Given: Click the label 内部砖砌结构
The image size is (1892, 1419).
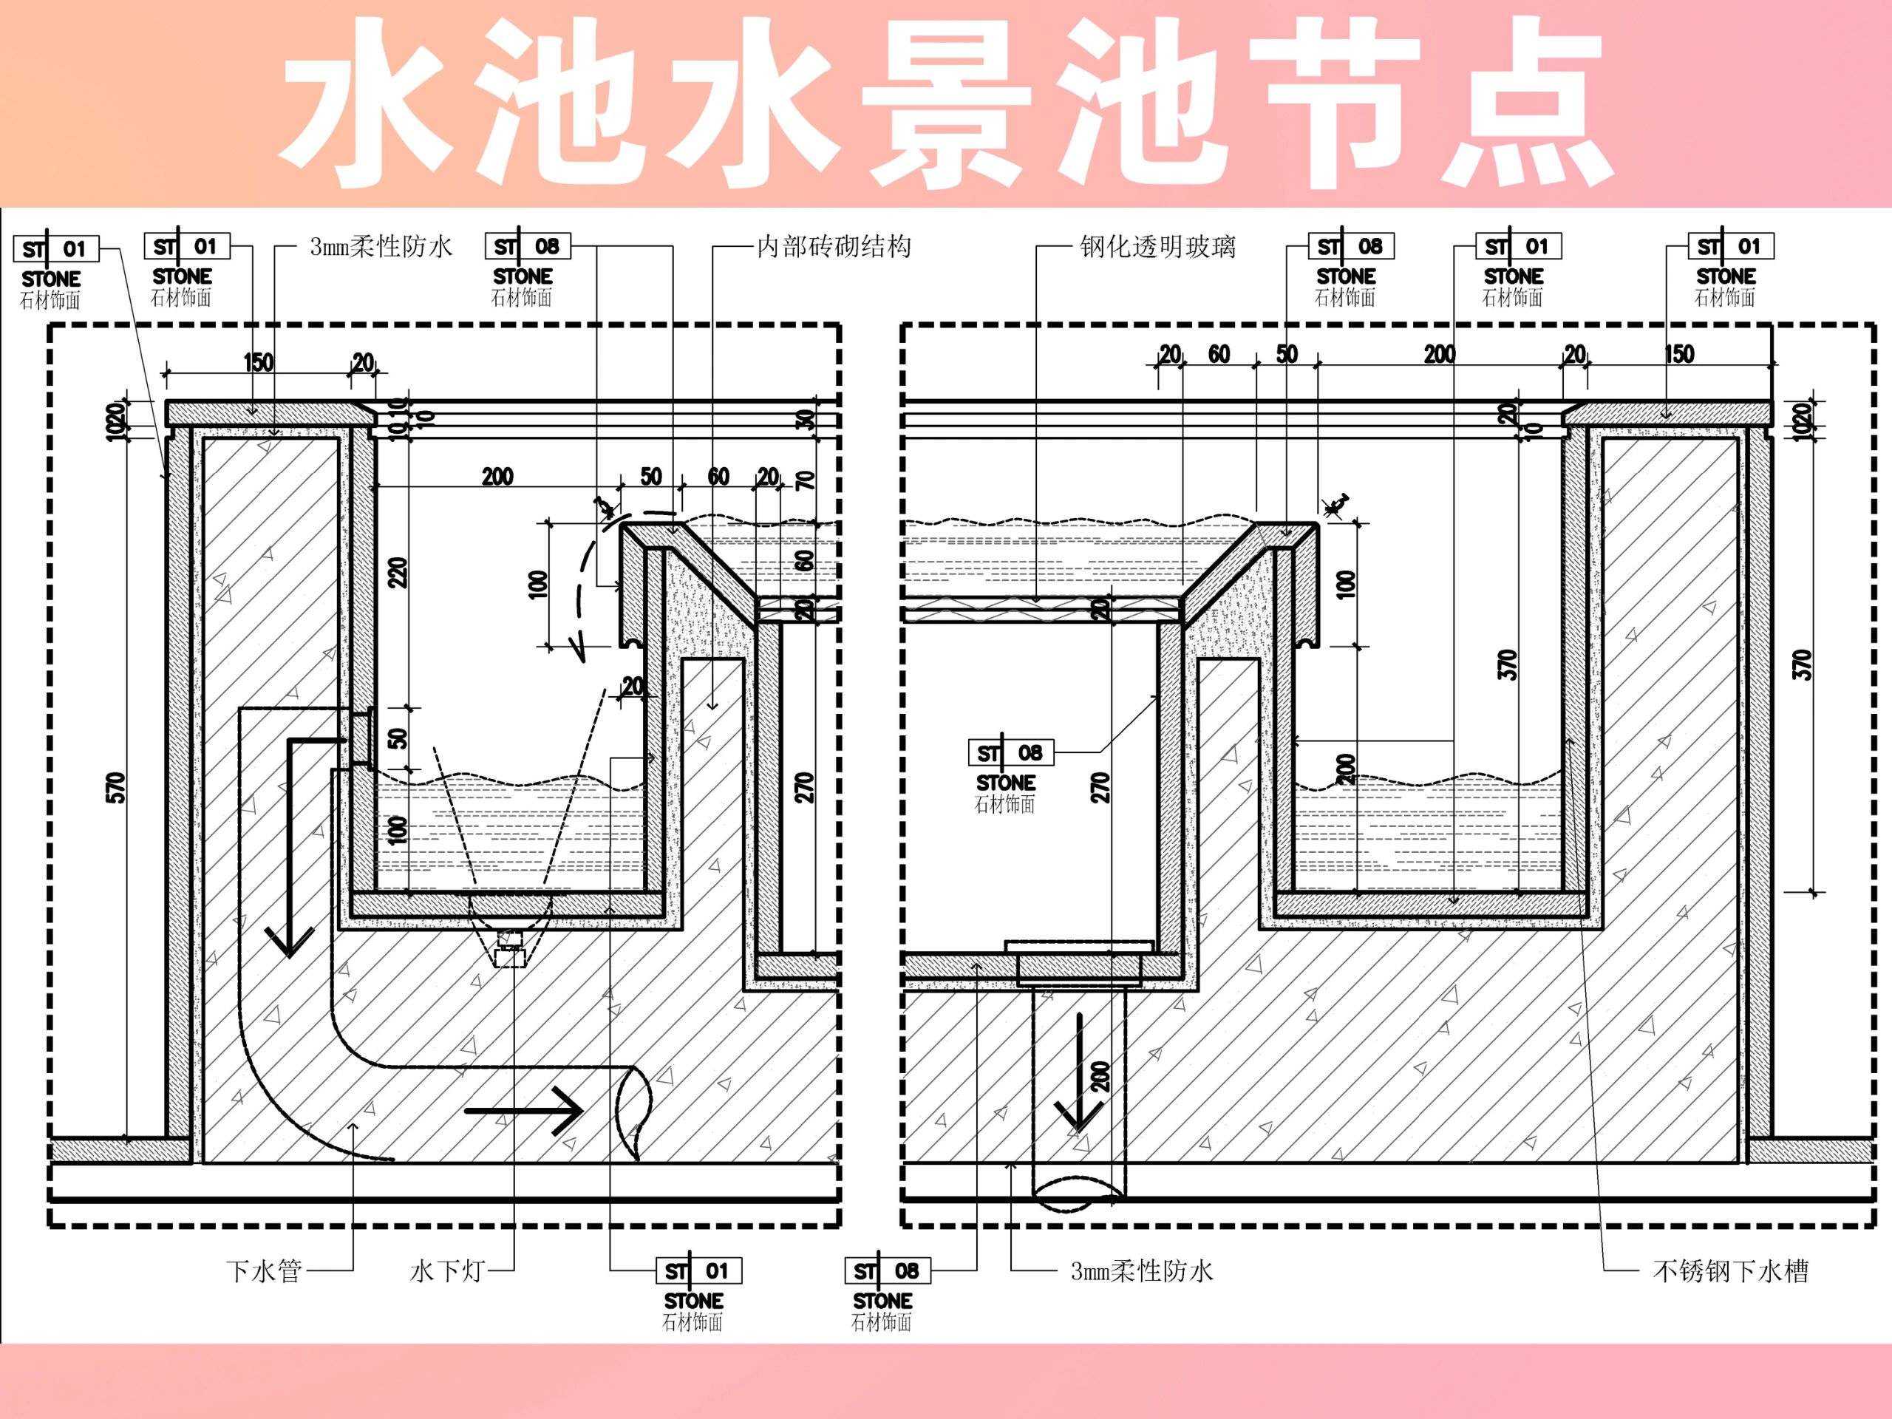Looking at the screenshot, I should (833, 247).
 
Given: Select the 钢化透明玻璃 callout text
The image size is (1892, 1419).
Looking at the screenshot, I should (1157, 247).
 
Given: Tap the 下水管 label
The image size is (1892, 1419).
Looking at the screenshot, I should (263, 1271).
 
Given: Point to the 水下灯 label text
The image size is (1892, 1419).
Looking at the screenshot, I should (446, 1271).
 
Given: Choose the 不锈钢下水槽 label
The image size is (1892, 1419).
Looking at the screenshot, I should (1729, 1271).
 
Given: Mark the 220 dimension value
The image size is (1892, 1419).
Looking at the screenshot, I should (398, 571).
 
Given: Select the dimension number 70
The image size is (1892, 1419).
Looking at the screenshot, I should (806, 480).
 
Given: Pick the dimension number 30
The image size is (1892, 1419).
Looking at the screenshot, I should (806, 420).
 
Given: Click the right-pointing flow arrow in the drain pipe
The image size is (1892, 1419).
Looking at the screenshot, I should (523, 1111).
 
